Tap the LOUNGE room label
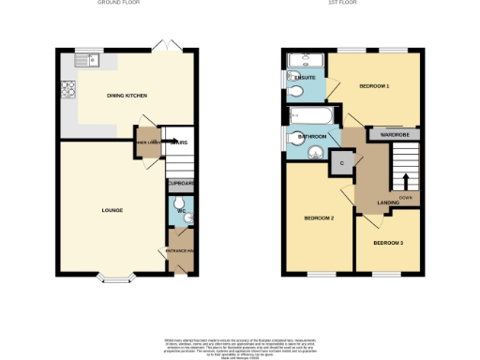(112, 210)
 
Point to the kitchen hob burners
(67, 90)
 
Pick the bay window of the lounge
(117, 278)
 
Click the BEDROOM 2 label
(319, 218)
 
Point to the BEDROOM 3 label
(388, 244)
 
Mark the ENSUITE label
(305, 77)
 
